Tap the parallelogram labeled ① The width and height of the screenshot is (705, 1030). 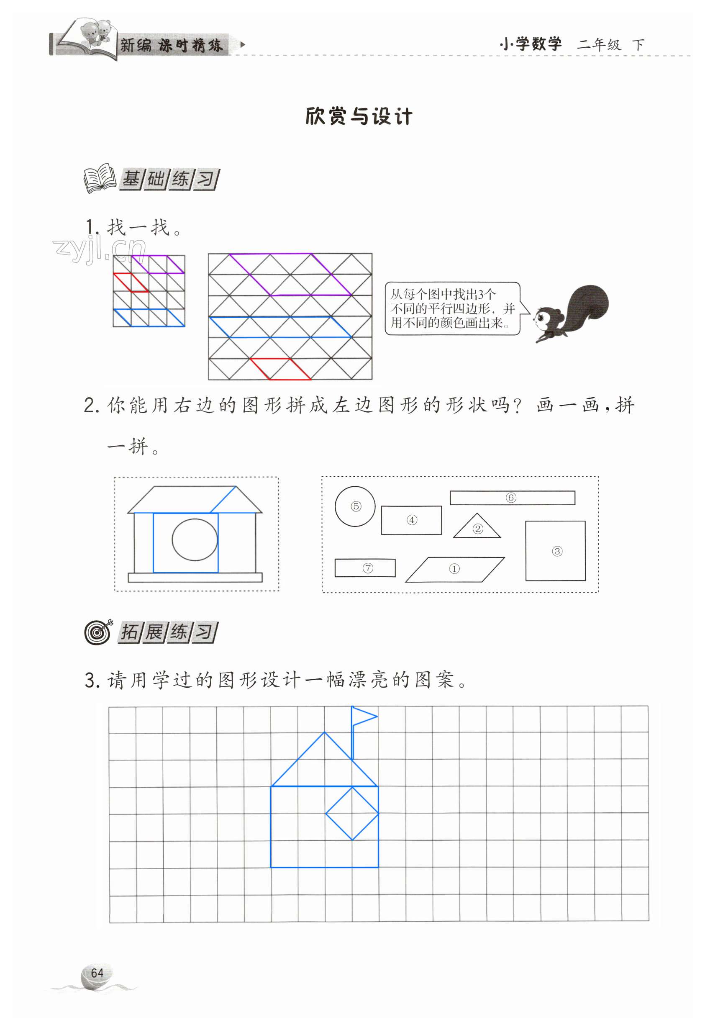[x=455, y=569]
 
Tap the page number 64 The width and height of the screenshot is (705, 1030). [x=97, y=973]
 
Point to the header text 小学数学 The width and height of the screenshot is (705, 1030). [x=531, y=44]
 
